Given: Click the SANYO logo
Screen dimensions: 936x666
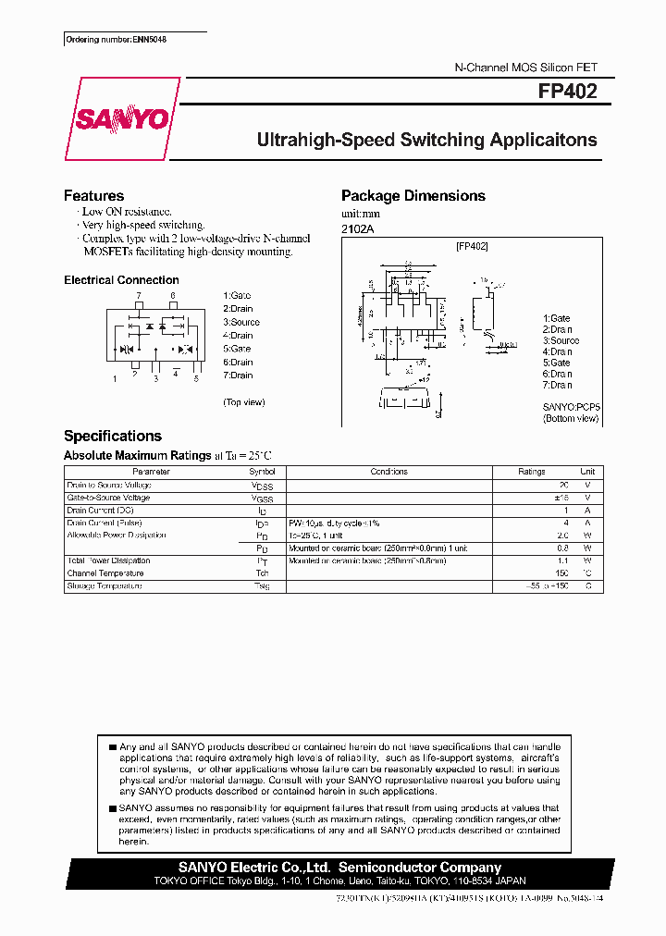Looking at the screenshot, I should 121,119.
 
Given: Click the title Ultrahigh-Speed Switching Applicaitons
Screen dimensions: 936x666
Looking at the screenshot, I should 426,141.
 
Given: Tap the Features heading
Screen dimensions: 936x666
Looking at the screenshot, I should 93,196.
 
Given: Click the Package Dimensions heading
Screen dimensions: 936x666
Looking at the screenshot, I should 413,196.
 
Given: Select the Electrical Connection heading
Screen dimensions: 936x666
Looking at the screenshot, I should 121,280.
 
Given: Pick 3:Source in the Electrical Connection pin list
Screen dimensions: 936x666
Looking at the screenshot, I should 241,322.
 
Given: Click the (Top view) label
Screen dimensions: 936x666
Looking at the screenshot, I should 244,402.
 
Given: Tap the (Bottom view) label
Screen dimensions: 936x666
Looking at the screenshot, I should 571,418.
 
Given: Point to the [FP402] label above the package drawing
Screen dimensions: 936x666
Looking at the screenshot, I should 472,246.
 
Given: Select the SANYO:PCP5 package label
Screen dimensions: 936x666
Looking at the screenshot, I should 571,406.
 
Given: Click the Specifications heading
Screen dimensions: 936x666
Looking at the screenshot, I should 112,437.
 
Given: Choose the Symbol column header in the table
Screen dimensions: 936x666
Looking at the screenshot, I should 263,472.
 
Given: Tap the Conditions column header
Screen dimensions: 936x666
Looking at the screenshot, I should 388,472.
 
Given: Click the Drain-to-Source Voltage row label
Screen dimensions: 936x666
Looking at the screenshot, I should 108,486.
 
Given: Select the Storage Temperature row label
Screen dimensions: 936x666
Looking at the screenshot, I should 105,586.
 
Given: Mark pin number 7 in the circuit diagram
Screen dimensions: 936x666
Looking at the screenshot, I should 139,296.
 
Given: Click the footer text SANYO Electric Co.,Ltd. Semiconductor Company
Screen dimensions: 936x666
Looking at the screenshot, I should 339,868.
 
